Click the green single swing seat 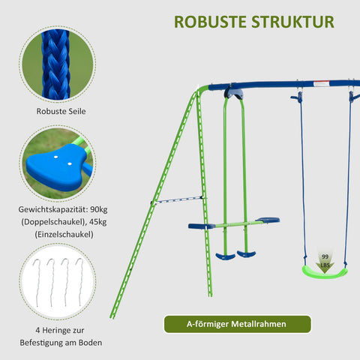[x=325, y=270]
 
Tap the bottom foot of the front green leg [x=112, y=316]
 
